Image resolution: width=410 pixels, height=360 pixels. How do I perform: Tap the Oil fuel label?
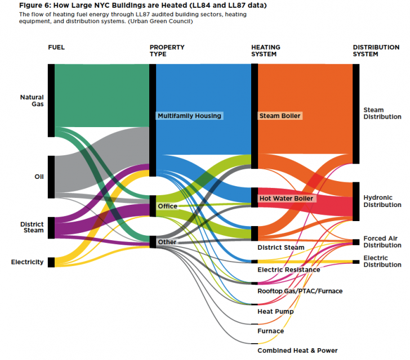pyautogui.click(x=39, y=177)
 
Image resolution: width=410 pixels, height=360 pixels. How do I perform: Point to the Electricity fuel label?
pyautogui.click(x=27, y=262)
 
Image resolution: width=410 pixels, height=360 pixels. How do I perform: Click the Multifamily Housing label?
pyautogui.click(x=190, y=116)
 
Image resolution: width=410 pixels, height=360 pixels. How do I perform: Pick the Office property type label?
pyautogui.click(x=167, y=206)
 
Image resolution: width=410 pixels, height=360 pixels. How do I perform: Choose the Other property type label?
pyautogui.click(x=167, y=242)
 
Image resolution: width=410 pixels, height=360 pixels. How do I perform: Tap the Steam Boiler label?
pyautogui.click(x=280, y=116)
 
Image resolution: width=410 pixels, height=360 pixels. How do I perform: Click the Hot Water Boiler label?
pyautogui.click(x=286, y=199)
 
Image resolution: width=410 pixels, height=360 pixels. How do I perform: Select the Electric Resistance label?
pyautogui.click(x=288, y=269)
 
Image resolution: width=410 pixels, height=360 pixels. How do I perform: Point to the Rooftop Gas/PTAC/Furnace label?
pyautogui.click(x=300, y=291)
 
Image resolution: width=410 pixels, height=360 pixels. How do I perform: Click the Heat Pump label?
pyautogui.click(x=275, y=311)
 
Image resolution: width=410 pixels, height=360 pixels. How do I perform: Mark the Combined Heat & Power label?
pyautogui.click(x=297, y=350)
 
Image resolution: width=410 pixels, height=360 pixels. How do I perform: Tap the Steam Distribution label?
pyautogui.click(x=382, y=114)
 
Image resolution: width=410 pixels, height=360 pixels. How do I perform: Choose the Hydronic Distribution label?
pyautogui.click(x=382, y=201)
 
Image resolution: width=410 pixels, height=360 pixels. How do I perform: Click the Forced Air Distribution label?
pyautogui.click(x=382, y=242)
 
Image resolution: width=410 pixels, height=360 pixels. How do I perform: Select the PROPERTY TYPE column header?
pyautogui.click(x=167, y=51)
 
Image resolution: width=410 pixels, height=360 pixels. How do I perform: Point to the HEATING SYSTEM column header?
pyautogui.click(x=264, y=51)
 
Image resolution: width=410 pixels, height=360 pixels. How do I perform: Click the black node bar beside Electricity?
pyautogui.click(x=51, y=262)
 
